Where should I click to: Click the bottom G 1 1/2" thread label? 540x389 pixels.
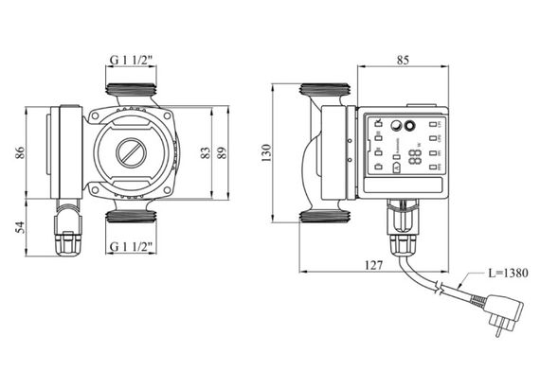coord(133,248)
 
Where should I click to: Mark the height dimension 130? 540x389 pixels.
coord(266,153)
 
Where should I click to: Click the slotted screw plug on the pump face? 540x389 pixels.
coord(133,152)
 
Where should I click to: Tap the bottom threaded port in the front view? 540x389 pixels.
coord(133,217)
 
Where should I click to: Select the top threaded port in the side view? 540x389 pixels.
coord(326,94)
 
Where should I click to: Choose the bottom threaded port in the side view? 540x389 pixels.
coord(326,217)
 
